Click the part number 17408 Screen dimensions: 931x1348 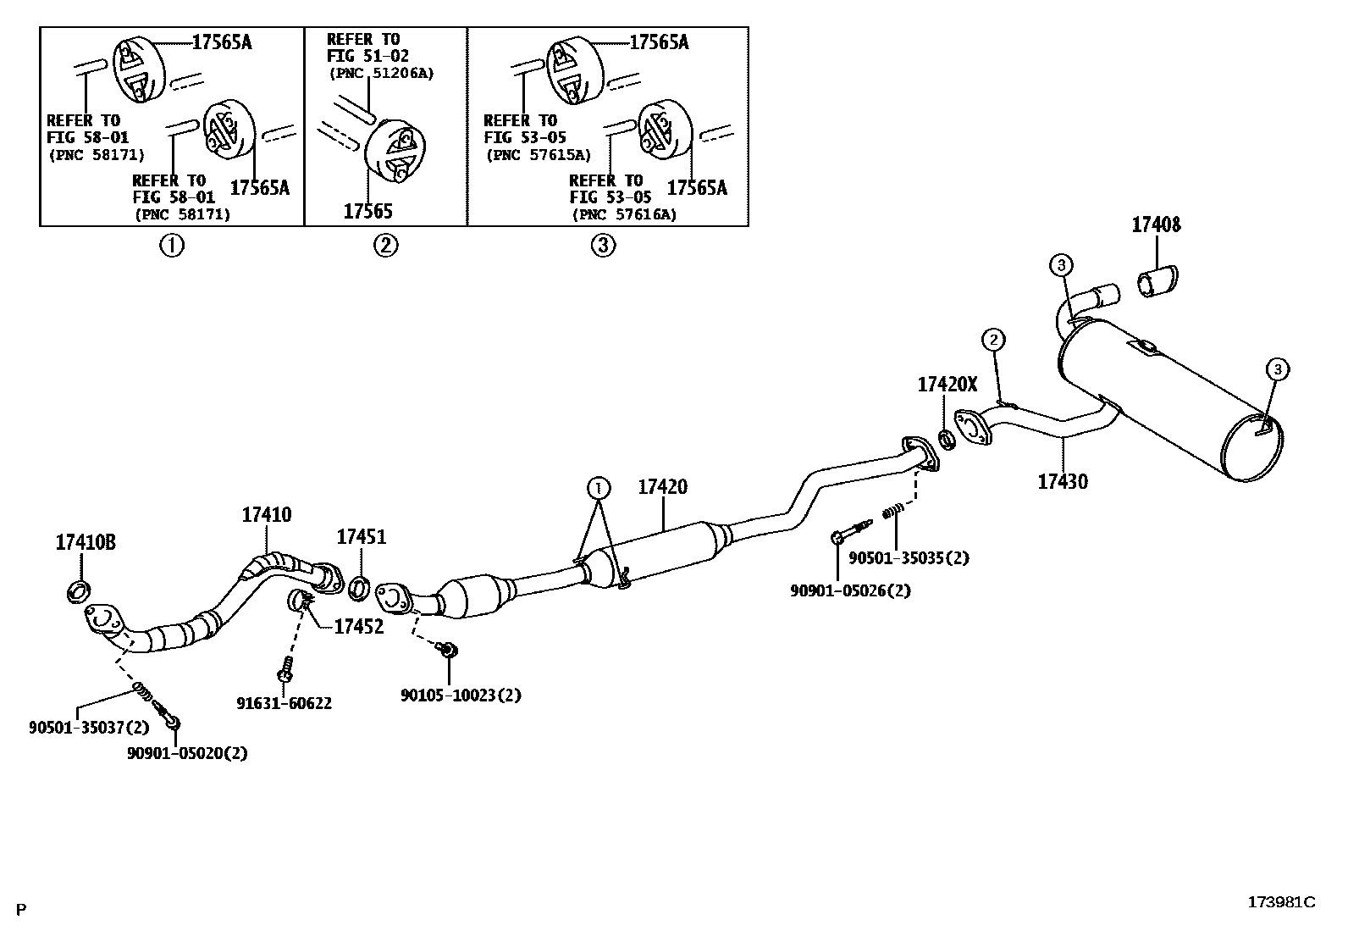1156,225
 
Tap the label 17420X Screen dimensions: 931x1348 947,385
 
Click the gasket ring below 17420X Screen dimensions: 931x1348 947,440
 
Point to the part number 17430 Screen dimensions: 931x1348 1063,482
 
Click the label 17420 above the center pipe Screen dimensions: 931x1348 662,487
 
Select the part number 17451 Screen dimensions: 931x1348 361,537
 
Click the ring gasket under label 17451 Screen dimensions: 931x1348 359,585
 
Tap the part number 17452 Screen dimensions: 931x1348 358,627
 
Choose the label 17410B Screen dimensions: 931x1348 86,543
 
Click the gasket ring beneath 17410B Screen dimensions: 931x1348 80,590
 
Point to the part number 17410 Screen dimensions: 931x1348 266,514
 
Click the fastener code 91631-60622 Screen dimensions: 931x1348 284,703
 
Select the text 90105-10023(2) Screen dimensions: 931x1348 461,695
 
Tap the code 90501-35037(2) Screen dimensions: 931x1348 89,727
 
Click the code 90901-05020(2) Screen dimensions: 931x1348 187,753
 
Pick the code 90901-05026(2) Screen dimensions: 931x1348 850,590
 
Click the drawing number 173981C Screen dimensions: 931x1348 1281,902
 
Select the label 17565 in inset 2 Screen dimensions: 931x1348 367,211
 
